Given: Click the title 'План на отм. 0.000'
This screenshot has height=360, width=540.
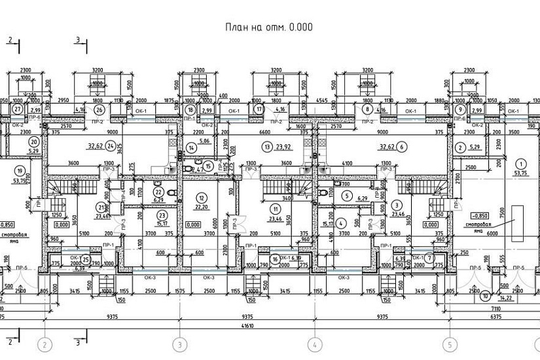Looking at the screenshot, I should (x=269, y=27).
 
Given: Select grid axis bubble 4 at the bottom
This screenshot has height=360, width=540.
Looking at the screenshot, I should (x=315, y=344).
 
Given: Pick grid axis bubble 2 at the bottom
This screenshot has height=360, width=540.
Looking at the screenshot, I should (x=45, y=344).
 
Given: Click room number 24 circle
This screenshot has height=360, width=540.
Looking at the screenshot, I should (x=111, y=146).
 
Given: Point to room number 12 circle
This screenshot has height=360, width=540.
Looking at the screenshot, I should (x=201, y=198).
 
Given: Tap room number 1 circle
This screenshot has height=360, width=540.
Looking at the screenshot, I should (x=521, y=164).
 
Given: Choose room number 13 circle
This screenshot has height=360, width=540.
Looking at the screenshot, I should (x=266, y=147).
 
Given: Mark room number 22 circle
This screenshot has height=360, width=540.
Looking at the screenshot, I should (x=158, y=192).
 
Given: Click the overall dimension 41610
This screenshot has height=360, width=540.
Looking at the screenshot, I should (x=269, y=326).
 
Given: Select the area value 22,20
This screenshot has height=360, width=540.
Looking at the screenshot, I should (x=201, y=207).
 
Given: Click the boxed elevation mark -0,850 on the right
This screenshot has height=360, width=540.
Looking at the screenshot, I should (x=481, y=215).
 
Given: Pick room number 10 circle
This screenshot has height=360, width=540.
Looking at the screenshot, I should (x=484, y=296).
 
